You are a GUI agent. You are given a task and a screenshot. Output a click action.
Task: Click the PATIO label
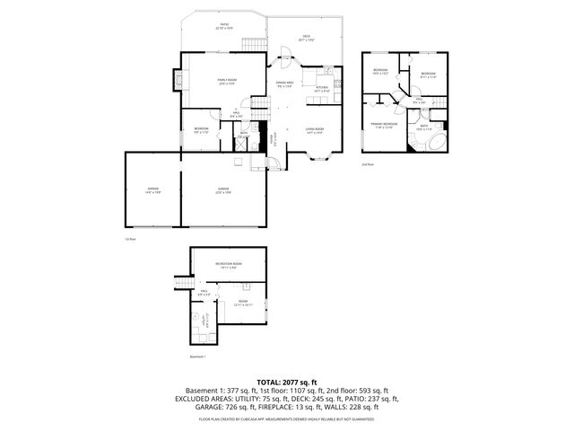(223, 26)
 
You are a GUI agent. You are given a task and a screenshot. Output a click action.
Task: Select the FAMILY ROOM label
(226, 82)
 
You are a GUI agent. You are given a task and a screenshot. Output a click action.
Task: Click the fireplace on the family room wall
(179, 81)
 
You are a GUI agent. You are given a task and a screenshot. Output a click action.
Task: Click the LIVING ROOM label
(314, 131)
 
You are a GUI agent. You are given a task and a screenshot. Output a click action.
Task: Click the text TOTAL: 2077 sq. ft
(286, 382)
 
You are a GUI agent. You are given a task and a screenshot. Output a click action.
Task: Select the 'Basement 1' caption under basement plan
(198, 356)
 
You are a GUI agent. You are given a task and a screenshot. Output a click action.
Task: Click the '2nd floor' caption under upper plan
(366, 165)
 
